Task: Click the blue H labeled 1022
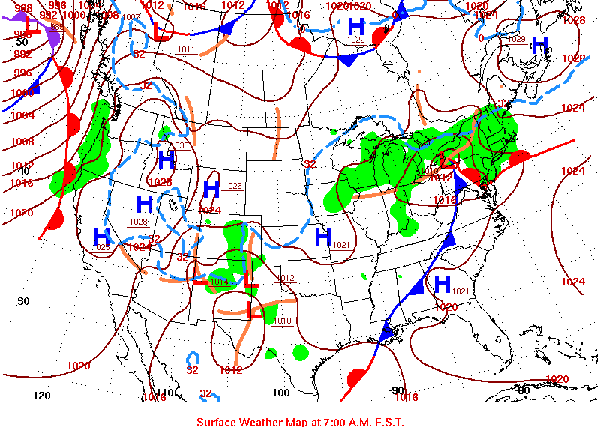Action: [356, 27]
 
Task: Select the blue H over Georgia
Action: [442, 282]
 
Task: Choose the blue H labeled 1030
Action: [166, 159]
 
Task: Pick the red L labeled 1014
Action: [199, 276]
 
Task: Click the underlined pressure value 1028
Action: [138, 222]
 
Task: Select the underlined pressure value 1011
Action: [186, 50]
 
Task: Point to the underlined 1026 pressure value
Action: [232, 186]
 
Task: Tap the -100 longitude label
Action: [279, 392]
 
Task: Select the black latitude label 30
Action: [24, 301]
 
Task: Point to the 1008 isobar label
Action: [22, 142]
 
